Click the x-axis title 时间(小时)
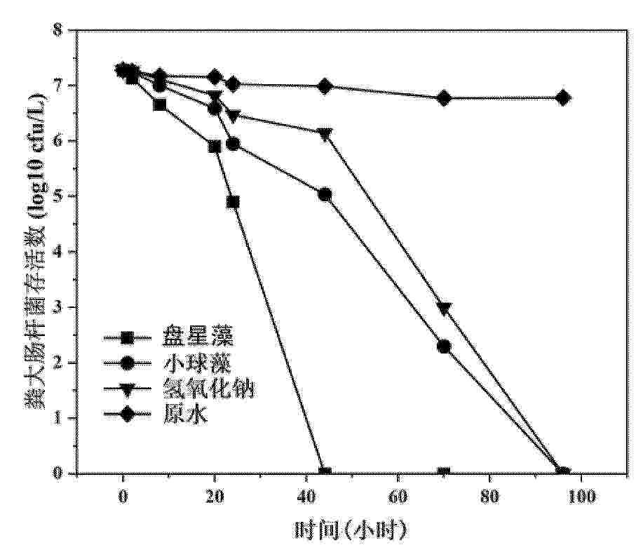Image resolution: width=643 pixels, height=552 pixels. (351, 528)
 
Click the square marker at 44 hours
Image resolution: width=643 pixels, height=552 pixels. (325, 473)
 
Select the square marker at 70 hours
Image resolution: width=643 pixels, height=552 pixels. (444, 473)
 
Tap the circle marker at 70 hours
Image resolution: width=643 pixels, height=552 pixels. (444, 346)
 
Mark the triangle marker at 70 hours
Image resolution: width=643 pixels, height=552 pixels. (444, 309)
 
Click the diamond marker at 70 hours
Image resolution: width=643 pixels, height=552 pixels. (444, 98)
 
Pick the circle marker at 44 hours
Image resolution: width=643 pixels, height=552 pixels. (325, 194)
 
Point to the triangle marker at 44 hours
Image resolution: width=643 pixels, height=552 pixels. (325, 133)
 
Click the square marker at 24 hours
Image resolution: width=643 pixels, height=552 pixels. (233, 202)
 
